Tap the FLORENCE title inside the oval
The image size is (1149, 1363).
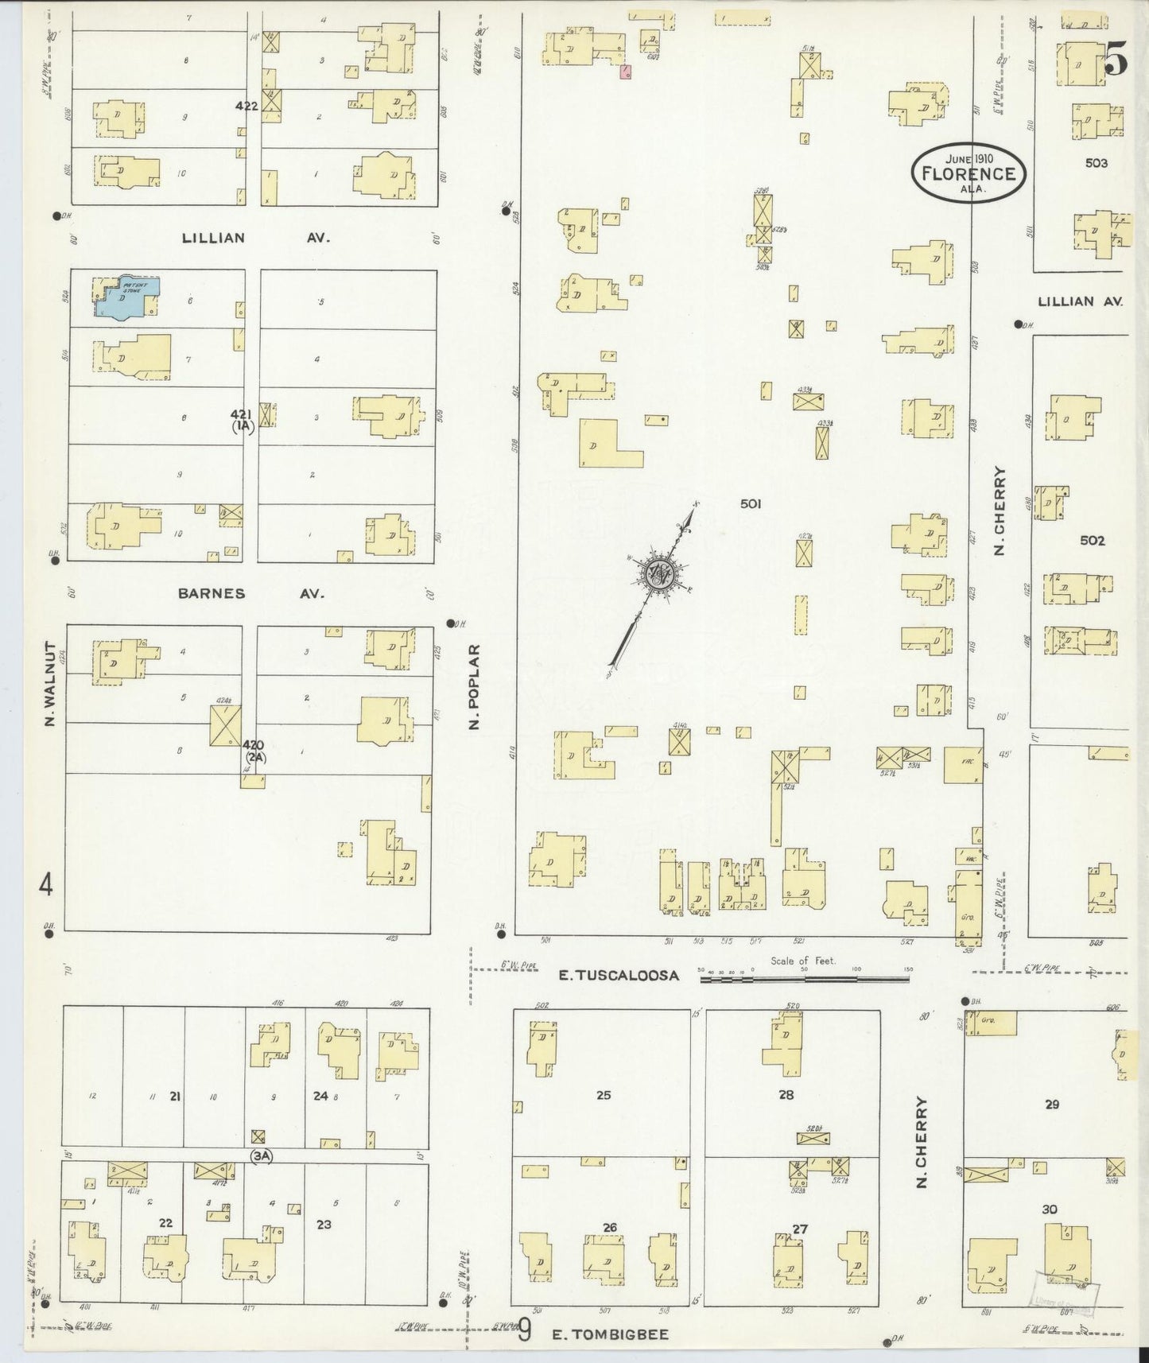click(x=968, y=173)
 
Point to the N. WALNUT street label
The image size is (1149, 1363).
click(x=49, y=685)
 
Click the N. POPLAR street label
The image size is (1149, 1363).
click(x=475, y=687)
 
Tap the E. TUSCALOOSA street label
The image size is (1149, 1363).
click(x=619, y=975)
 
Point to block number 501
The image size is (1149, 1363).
click(x=751, y=503)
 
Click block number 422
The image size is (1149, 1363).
click(x=246, y=106)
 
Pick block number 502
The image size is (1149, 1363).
click(x=1092, y=540)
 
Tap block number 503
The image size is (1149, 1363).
click(x=1096, y=163)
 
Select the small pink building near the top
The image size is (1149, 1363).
click(x=626, y=73)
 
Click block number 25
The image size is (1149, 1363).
click(x=603, y=1095)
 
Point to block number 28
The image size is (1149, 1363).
click(x=786, y=1095)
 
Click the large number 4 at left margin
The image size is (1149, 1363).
click(x=47, y=884)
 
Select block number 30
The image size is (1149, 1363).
click(x=1050, y=1210)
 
